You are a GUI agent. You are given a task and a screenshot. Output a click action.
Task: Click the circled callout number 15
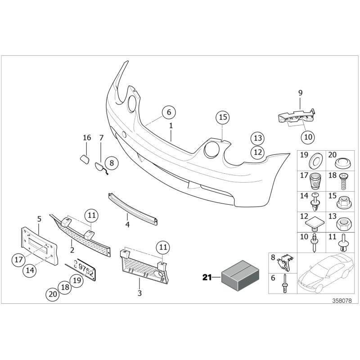coord(222,118)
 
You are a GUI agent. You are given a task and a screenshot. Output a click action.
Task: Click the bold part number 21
coord(207,278)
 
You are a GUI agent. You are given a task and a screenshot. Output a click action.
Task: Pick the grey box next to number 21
coord(238,274)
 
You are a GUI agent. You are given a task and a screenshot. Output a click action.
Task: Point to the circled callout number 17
coord(18,260)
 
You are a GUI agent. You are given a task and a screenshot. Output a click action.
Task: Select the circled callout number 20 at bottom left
coord(52,295)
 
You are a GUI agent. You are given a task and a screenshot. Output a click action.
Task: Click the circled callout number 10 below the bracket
coord(308,136)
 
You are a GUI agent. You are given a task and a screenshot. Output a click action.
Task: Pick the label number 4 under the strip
coord(127,225)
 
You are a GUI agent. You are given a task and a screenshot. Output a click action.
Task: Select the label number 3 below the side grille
coord(139,293)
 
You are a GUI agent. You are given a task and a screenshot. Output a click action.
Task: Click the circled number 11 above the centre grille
coord(92,215)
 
